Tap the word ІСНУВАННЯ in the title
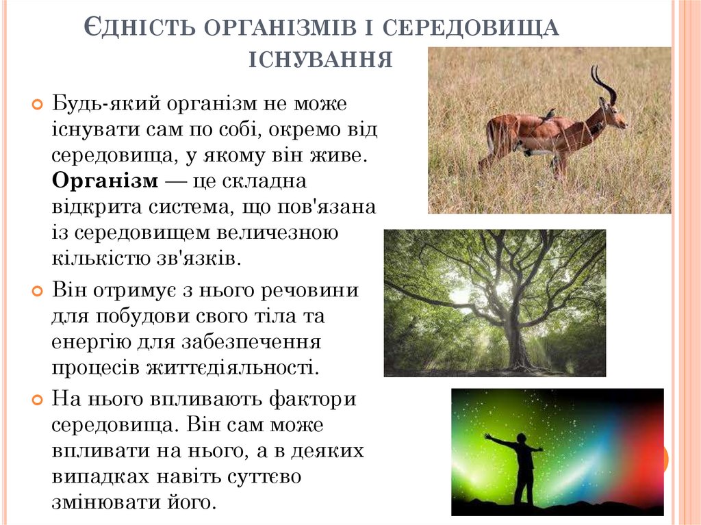[x=320, y=59]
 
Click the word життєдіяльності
[x=232, y=366]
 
